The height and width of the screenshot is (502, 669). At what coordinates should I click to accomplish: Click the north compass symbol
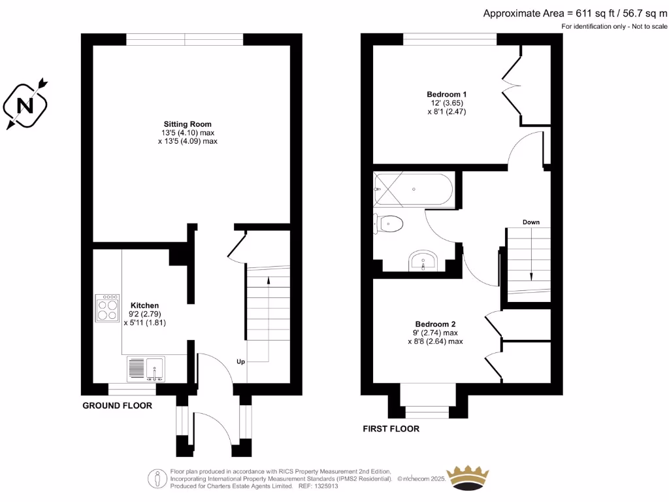(x=25, y=105)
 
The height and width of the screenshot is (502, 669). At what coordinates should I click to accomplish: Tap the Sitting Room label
(x=188, y=124)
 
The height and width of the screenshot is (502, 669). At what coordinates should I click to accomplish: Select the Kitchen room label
(x=144, y=305)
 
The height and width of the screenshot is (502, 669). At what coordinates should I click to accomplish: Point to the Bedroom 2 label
(x=435, y=324)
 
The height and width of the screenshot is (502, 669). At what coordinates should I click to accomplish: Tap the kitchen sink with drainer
(x=147, y=369)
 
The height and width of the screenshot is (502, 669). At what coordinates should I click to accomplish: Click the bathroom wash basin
(x=424, y=262)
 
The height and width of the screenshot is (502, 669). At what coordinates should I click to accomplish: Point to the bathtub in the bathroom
(x=413, y=190)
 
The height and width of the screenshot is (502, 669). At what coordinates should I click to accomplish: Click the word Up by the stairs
(x=240, y=361)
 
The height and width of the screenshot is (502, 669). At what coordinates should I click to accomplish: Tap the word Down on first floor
(x=530, y=222)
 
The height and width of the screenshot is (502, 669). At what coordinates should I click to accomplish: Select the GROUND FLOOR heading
(x=117, y=405)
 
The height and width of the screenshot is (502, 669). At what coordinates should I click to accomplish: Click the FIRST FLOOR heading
(x=391, y=429)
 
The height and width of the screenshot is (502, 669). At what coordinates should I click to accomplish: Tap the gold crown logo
(x=467, y=478)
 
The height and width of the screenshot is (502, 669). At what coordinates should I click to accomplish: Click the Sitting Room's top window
(x=185, y=40)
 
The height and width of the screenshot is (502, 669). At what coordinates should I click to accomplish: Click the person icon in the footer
(x=157, y=478)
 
